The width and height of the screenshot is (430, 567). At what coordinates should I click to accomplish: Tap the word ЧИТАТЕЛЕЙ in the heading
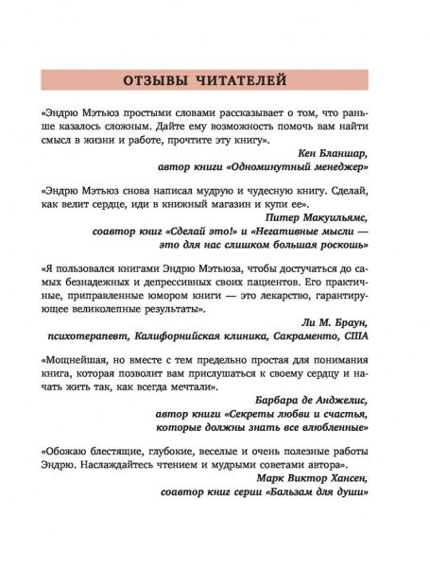(x=253, y=77)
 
